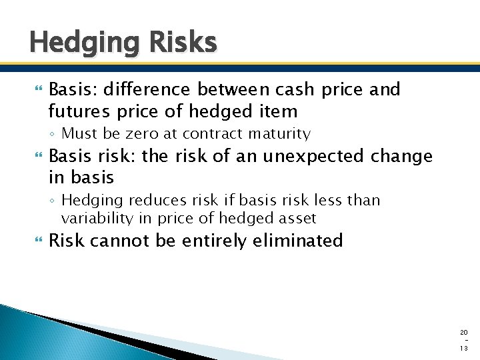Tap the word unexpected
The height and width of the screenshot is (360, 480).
click(x=305, y=157)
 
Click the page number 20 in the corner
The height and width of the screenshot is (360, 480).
click(x=464, y=332)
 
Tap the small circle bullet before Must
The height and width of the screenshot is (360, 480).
click(x=53, y=135)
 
